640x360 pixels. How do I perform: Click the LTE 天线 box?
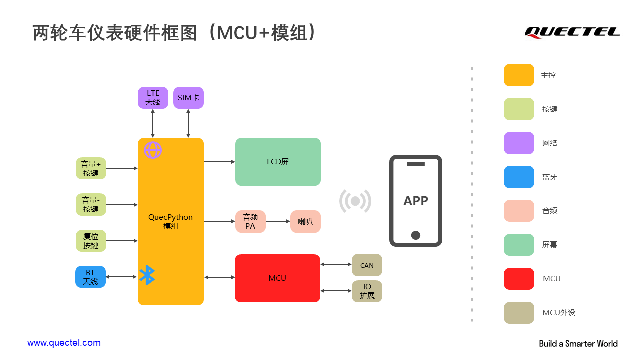pos(153,98)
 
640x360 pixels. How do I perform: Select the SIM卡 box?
pos(188,98)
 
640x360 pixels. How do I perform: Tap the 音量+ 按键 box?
pos(91,168)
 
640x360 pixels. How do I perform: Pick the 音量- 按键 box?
pos(91,205)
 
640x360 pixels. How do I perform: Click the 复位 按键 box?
pos(91,241)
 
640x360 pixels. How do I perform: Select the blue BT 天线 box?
pos(91,277)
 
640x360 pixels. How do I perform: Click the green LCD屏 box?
pos(278,162)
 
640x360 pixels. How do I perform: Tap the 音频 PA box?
pos(250,221)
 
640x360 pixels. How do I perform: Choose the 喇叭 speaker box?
pos(305,221)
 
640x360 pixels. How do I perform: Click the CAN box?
pos(367,265)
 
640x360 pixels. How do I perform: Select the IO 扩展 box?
pos(367,291)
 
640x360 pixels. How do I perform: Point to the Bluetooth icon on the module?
pos(147,275)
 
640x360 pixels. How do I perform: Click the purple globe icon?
pos(153,150)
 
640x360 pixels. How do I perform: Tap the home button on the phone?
pos(415,235)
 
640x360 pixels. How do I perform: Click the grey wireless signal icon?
pos(355,201)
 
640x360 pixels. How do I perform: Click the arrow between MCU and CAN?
pos(336,264)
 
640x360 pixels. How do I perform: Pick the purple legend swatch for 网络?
pos(519,143)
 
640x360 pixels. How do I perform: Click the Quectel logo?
pos(572,32)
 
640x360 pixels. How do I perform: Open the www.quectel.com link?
pos(64,343)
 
